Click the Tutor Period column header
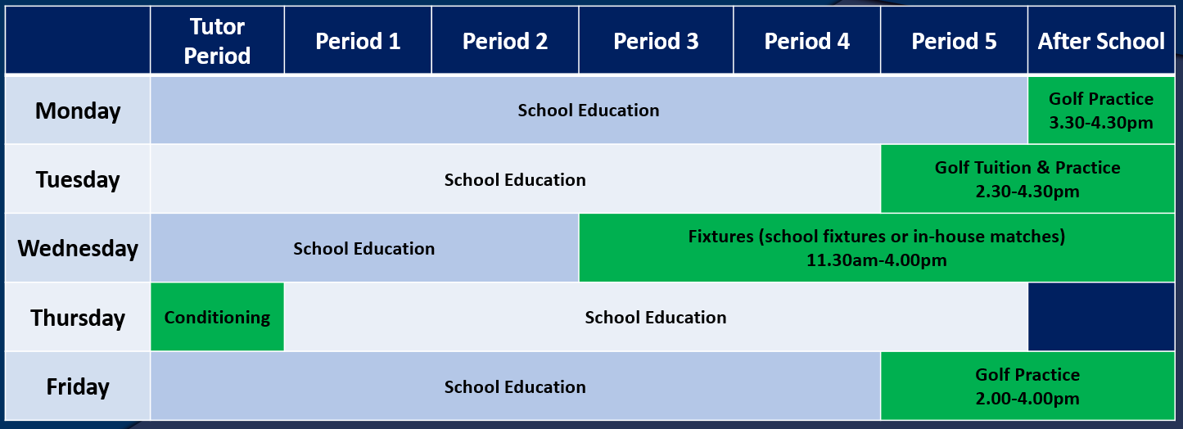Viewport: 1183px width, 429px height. tap(217, 40)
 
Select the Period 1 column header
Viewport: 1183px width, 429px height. tap(358, 40)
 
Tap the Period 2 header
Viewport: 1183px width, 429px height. tap(505, 40)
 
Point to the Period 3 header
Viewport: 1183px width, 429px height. tap(656, 40)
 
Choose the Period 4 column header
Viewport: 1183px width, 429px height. tap(807, 40)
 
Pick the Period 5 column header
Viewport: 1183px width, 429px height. tap(954, 40)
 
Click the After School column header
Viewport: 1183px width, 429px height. tap(1101, 40)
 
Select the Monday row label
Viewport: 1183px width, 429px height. tap(78, 111)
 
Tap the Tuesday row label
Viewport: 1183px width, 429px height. tap(78, 179)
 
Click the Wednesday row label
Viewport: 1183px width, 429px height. tap(78, 248)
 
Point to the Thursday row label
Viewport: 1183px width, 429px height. tap(78, 317)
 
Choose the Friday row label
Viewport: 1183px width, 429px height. tap(78, 386)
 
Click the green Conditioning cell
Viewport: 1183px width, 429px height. tap(217, 317)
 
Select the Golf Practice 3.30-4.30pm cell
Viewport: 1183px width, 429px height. tap(1101, 111)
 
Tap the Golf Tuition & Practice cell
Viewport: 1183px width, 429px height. tap(1027, 179)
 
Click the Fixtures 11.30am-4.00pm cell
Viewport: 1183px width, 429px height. tap(877, 248)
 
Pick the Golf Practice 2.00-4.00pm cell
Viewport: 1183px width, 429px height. tap(1027, 386)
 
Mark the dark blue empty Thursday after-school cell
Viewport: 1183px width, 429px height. tap(1101, 317)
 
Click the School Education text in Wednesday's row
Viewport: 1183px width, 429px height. tap(363, 248)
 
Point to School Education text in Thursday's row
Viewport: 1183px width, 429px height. tap(656, 317)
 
